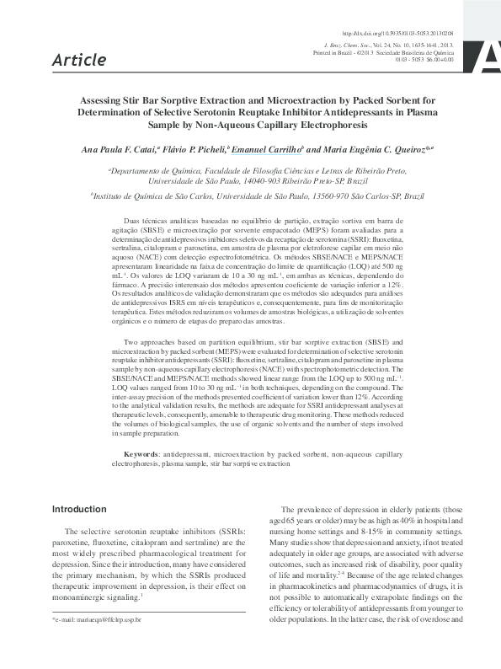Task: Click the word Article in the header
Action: pyautogui.click(x=78, y=59)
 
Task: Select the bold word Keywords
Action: pyautogui.click(x=134, y=454)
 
